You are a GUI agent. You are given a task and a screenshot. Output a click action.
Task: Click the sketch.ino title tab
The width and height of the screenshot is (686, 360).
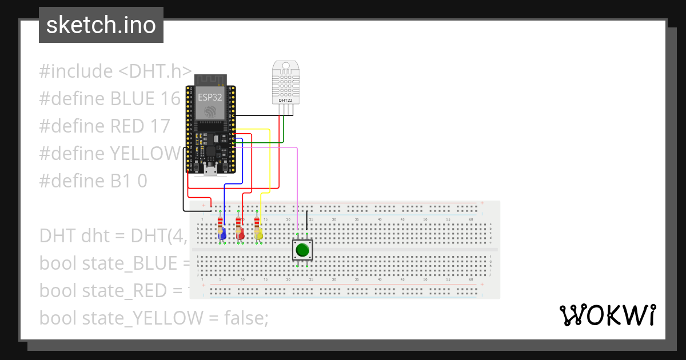click(x=101, y=25)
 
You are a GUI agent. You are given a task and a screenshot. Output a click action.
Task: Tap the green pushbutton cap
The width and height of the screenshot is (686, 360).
click(x=302, y=250)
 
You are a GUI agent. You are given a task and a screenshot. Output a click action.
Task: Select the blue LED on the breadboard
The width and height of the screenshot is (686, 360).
click(x=222, y=234)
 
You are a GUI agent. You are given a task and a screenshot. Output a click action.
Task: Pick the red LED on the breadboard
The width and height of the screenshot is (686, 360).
click(x=241, y=234)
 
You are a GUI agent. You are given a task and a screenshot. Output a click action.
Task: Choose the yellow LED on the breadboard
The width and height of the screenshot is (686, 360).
click(x=259, y=234)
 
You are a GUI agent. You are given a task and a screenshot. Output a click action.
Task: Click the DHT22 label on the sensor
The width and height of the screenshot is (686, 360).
click(x=285, y=100)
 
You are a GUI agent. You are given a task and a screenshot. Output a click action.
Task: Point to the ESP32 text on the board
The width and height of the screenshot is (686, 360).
click(x=209, y=97)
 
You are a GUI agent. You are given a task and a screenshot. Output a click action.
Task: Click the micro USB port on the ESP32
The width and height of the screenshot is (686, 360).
click(x=210, y=170)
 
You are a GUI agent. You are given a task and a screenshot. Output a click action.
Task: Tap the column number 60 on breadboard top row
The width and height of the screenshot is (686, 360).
click(x=470, y=219)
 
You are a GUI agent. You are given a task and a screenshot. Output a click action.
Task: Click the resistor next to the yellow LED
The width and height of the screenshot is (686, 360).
click(x=257, y=222)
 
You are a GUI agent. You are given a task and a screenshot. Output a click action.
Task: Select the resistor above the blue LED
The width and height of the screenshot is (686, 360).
click(x=221, y=222)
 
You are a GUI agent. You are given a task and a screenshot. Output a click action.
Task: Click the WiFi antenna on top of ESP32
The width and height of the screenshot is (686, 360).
click(x=210, y=79)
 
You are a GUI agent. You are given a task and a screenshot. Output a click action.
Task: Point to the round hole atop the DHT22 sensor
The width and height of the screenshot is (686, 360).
click(x=285, y=66)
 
